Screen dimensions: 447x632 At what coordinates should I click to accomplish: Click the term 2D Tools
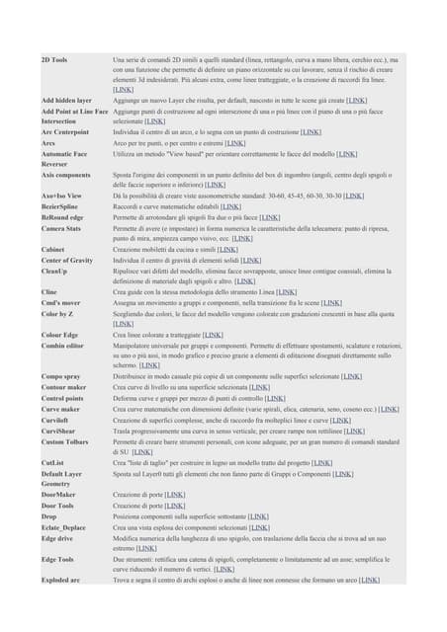click(x=54, y=60)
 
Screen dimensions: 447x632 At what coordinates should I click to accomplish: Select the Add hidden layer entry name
click(x=66, y=101)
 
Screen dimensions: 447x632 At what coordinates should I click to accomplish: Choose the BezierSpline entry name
click(x=61, y=206)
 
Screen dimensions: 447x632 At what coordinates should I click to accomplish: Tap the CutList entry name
click(x=53, y=461)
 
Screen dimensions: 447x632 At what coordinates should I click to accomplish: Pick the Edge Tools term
click(x=59, y=558)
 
